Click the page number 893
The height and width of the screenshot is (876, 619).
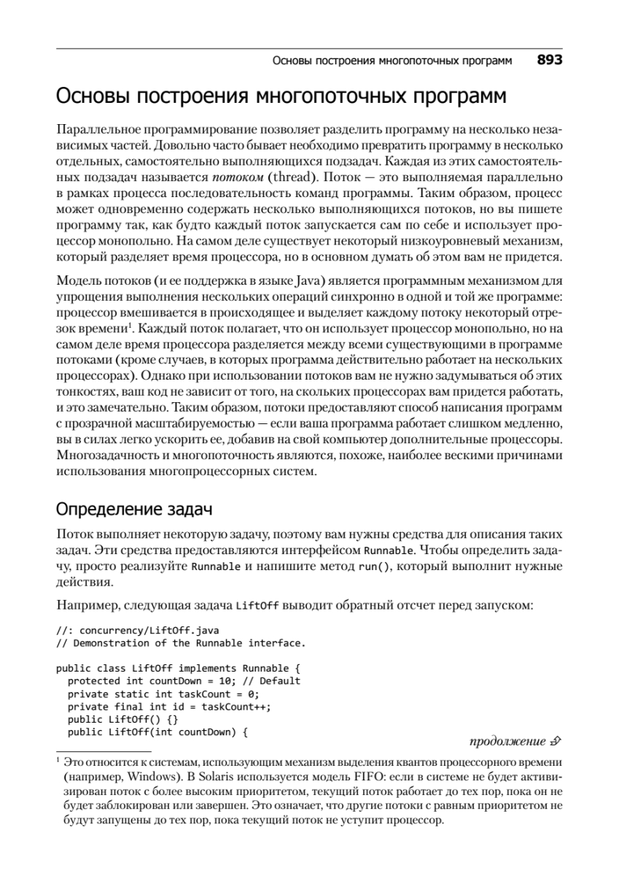pyautogui.click(x=549, y=61)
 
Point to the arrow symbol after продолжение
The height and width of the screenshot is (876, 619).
pyautogui.click(x=556, y=742)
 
